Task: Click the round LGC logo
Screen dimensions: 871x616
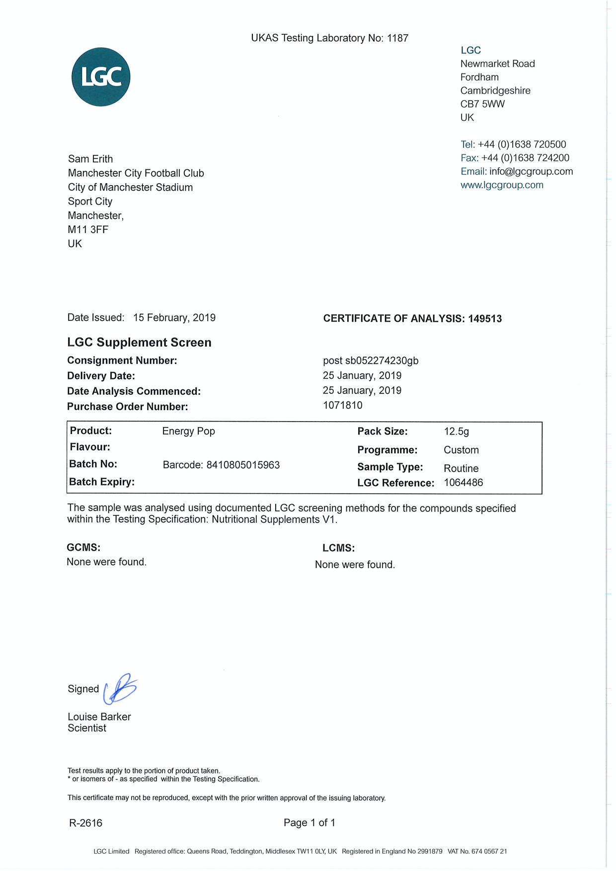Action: [101, 77]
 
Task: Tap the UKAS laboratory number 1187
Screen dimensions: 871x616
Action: [397, 38]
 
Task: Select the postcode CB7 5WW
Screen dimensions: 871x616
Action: [482, 104]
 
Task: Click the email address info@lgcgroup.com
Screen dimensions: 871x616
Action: [531, 171]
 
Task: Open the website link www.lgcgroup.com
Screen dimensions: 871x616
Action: [502, 185]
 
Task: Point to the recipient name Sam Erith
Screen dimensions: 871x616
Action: [90, 159]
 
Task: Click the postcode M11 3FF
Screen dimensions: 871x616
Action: [88, 229]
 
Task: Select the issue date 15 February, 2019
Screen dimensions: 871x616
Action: [174, 318]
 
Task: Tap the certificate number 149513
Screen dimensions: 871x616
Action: [485, 319]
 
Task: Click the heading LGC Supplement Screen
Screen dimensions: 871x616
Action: [139, 343]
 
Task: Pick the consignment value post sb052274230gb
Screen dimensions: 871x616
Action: [371, 361]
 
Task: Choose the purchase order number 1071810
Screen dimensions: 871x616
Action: [343, 405]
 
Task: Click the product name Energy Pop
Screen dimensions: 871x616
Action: [189, 431]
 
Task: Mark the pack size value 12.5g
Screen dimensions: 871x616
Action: [457, 432]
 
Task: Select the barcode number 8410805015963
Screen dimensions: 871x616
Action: [243, 465]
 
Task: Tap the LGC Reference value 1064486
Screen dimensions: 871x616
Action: [463, 483]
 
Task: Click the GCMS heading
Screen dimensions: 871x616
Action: [83, 548]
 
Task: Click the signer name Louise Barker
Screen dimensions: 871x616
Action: [99, 717]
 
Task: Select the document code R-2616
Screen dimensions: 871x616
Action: [85, 823]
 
